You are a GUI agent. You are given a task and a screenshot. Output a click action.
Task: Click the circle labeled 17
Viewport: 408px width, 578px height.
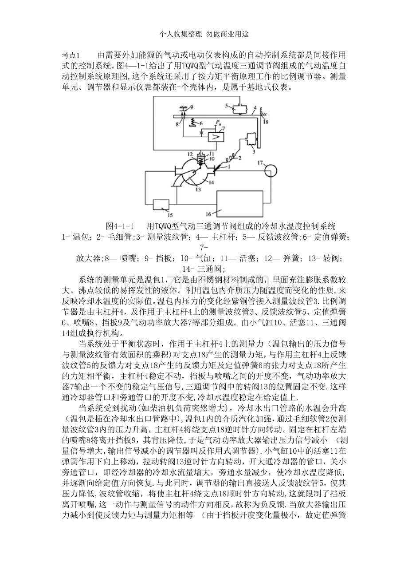coord(269,169)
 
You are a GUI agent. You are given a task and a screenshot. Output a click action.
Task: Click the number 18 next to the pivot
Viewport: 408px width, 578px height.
coord(266,121)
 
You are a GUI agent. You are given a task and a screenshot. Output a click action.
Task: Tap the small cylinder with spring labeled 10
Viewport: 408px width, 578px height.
coord(199,159)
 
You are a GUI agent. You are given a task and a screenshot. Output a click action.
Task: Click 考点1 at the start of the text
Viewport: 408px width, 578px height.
coord(71,55)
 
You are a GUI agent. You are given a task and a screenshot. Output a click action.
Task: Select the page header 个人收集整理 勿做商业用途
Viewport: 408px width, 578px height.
coord(204,34)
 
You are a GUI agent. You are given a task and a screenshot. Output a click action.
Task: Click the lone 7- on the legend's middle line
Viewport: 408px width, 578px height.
coord(204,247)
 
